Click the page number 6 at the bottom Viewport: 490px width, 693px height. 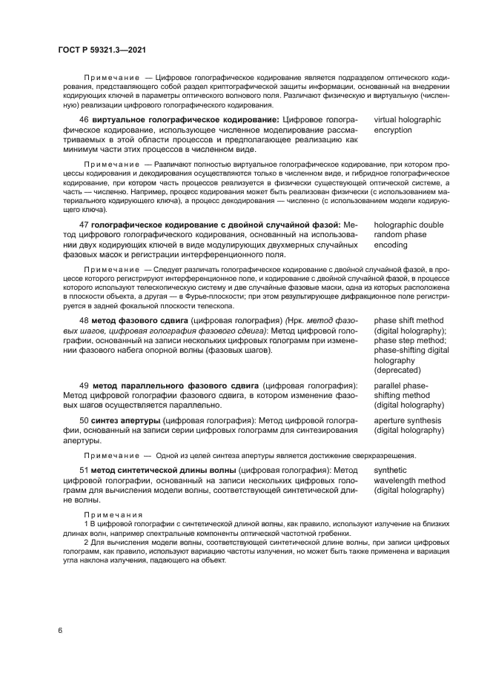(x=60, y=630)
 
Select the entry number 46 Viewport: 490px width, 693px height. (x=84, y=119)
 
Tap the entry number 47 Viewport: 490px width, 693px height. (x=84, y=225)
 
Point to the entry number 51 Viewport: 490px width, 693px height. (x=84, y=471)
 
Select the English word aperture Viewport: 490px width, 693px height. (x=391, y=420)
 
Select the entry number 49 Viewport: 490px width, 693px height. (x=84, y=385)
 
